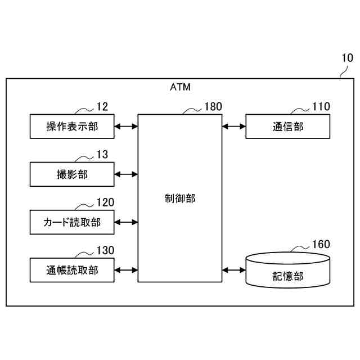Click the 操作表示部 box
(x=72, y=127)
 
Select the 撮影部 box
(x=72, y=174)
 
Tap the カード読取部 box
(x=72, y=222)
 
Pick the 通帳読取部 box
(x=72, y=270)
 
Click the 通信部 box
(x=287, y=127)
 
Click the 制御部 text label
(x=180, y=199)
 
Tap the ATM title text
(x=180, y=87)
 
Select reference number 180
(x=213, y=106)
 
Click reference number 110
(x=321, y=106)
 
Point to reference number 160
(x=321, y=244)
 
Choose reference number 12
(x=102, y=106)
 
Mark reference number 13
(x=102, y=154)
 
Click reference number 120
(x=105, y=202)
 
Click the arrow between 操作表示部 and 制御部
(x=126, y=127)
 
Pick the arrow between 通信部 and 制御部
(x=233, y=127)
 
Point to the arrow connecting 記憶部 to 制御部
(x=233, y=270)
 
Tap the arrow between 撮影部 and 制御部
(x=126, y=174)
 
